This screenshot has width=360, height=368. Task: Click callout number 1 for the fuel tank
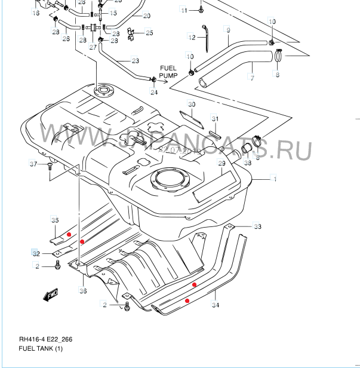[275, 179]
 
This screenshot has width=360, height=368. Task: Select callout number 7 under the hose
[252, 78]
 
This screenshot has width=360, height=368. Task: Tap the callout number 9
[227, 29]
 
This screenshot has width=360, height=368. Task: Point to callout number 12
[192, 38]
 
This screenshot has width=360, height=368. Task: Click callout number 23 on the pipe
[135, 61]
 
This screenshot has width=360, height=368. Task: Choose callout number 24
[153, 92]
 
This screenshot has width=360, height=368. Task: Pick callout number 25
[149, 33]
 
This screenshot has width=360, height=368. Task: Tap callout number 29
[221, 163]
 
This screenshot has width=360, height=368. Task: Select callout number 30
[191, 105]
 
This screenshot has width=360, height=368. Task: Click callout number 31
[215, 118]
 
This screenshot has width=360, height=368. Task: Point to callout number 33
[257, 226]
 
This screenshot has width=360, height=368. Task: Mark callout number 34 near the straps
[215, 305]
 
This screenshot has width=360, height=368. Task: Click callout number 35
[54, 220]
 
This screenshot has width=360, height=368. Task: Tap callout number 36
[83, 291]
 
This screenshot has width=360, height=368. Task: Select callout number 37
[33, 164]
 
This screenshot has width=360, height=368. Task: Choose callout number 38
[247, 163]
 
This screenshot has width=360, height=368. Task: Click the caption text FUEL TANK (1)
[41, 349]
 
